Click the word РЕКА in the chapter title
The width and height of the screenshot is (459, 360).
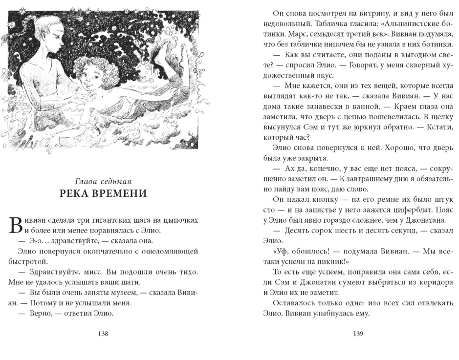[78, 193]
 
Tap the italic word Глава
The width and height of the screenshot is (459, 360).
[84, 180]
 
